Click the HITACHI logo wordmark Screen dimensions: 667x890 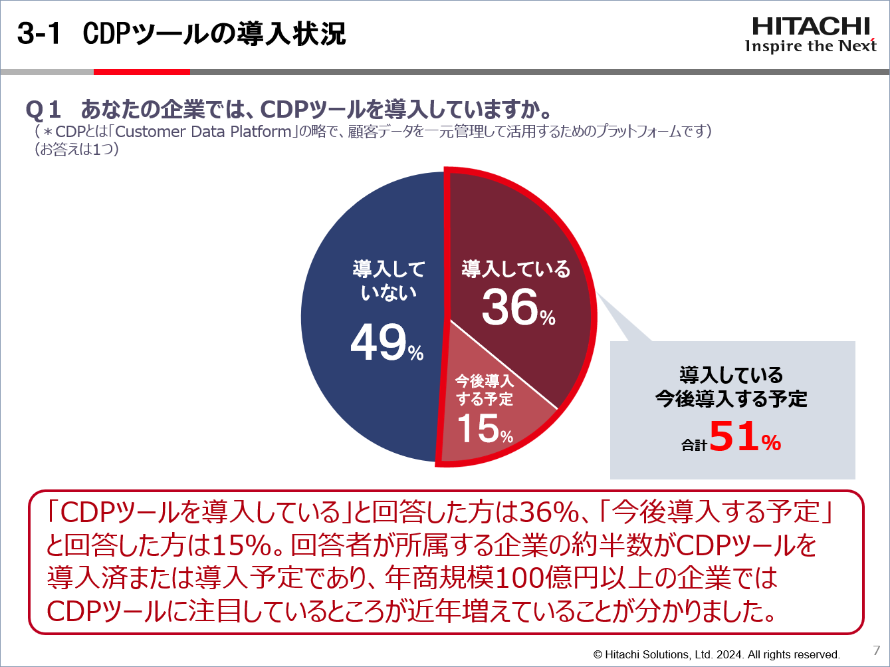coord(811,26)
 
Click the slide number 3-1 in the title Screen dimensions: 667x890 coord(39,34)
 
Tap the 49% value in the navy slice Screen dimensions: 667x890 coord(386,343)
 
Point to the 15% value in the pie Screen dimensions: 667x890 coord(485,428)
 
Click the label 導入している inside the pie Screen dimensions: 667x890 coord(516,269)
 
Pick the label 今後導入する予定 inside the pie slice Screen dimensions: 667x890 coord(484,390)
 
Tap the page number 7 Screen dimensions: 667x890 coord(876,650)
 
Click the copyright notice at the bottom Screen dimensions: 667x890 coord(717,654)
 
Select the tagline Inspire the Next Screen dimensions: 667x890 coord(811,46)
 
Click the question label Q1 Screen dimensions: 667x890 coord(44,109)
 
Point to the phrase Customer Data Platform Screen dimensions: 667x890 coord(203,131)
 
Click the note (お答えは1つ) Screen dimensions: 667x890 coord(77,150)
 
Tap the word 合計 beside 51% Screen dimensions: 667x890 coord(694,445)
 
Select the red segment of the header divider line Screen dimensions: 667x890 coord(142,72)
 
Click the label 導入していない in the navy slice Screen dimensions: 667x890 coord(389,281)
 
